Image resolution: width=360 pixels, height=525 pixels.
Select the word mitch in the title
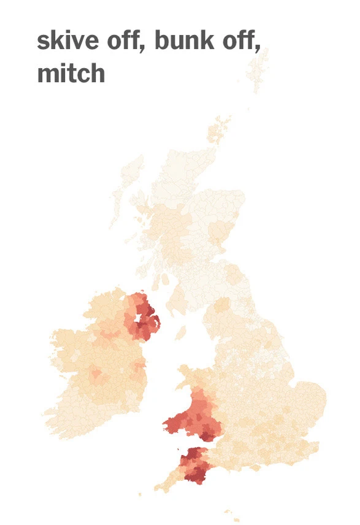point(71,74)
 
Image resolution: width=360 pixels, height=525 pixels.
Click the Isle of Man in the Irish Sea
point(180,333)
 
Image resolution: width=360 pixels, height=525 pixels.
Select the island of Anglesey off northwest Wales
point(183,372)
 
